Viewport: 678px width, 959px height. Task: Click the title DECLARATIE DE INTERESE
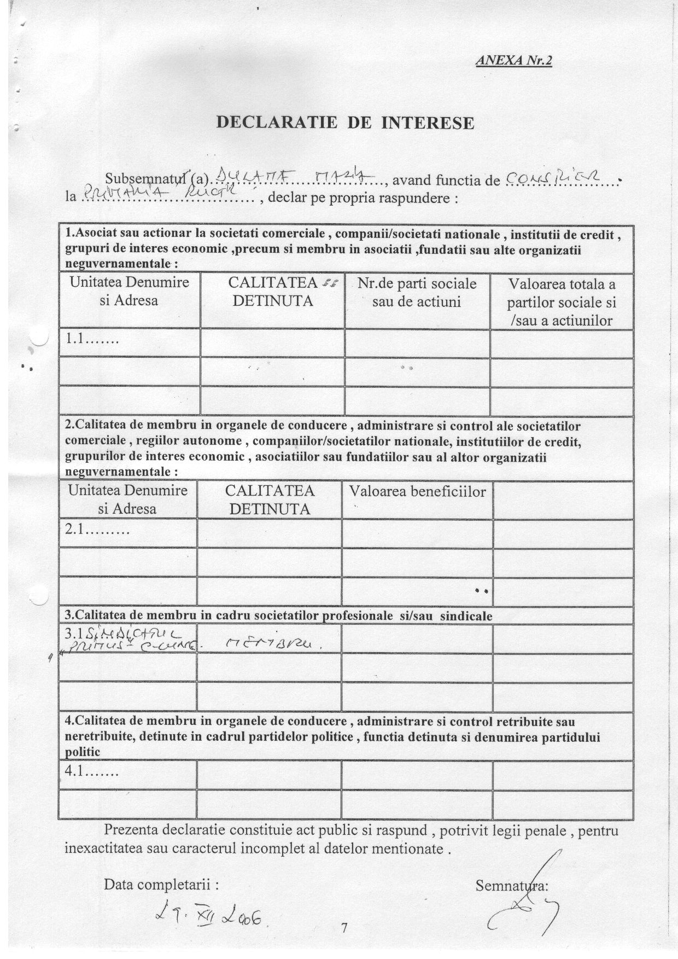point(346,123)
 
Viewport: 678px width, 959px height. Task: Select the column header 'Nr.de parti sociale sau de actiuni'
point(417,293)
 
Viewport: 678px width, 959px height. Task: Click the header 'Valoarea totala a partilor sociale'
point(562,302)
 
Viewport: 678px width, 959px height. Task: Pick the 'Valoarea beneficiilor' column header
point(417,492)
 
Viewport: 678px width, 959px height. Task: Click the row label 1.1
point(92,339)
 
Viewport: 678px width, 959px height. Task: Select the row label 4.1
point(92,774)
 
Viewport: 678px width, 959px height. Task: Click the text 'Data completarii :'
point(162,884)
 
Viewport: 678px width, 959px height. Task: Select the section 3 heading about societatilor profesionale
point(279,616)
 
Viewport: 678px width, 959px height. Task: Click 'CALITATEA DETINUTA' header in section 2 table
point(270,499)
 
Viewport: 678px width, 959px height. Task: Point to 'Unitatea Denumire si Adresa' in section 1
point(129,292)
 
